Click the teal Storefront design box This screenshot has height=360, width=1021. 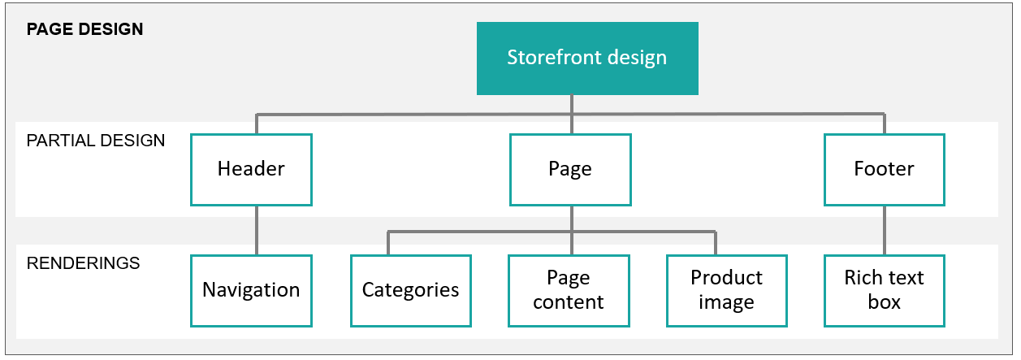click(587, 59)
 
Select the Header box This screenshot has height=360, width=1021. click(251, 169)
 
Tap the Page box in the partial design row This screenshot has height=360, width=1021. click(570, 169)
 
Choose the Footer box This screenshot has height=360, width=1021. click(885, 169)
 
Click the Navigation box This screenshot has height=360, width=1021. click(251, 291)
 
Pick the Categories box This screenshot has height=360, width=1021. click(411, 291)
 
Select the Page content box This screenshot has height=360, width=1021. click(569, 291)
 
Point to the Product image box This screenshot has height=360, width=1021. click(726, 291)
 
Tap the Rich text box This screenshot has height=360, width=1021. click(885, 291)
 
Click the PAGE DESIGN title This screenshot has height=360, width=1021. click(84, 29)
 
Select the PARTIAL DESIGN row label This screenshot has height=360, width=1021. click(96, 141)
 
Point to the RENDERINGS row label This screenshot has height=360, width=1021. click(83, 263)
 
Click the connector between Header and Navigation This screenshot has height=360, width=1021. click(257, 231)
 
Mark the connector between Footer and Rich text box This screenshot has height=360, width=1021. click(885, 231)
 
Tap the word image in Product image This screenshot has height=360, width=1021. click(726, 303)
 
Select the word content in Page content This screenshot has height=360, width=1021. click(569, 302)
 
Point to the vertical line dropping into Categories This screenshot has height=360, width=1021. click(388, 243)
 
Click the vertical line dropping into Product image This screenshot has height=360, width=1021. click(716, 243)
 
